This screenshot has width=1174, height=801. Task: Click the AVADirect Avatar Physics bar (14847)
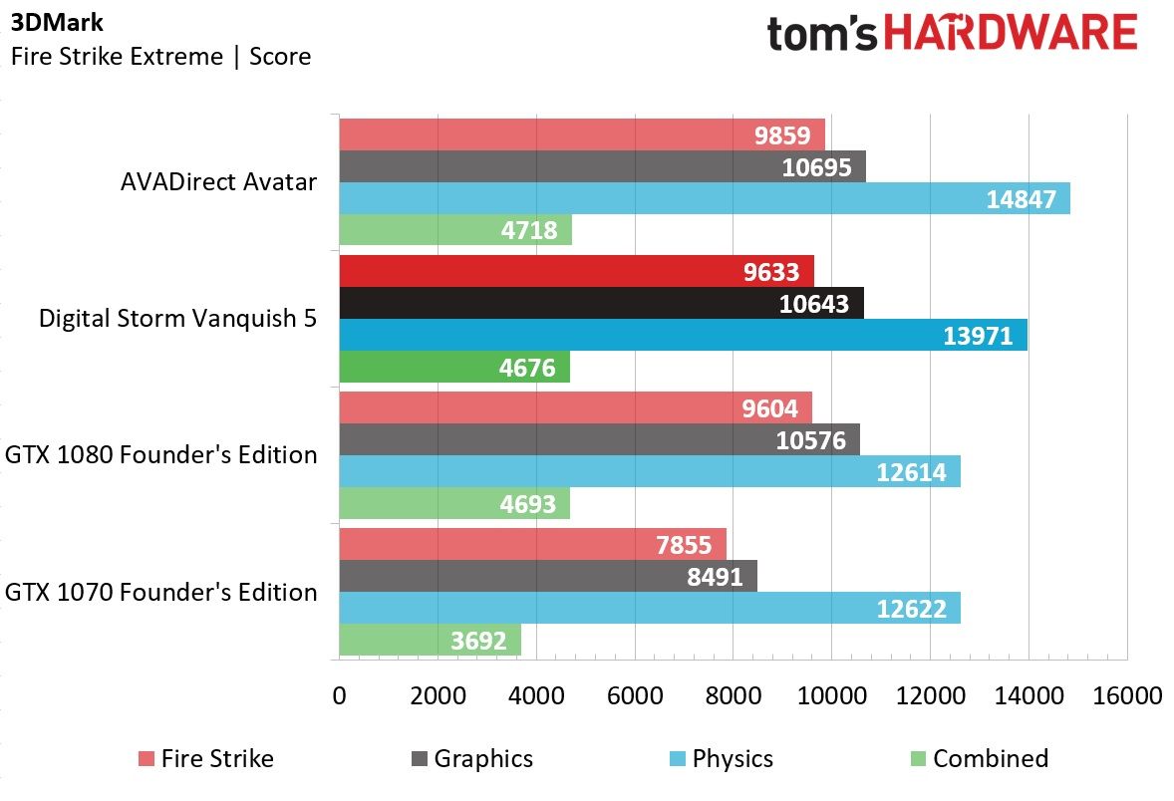(705, 198)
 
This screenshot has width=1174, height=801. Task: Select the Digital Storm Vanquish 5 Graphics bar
(601, 303)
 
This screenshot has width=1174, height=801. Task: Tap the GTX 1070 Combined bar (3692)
(431, 640)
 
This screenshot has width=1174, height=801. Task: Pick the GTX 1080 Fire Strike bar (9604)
(576, 408)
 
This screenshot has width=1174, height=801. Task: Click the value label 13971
(978, 336)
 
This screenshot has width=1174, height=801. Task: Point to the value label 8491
(715, 577)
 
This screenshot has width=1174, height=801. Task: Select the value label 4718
(529, 230)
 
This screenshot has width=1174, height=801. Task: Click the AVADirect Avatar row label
(218, 182)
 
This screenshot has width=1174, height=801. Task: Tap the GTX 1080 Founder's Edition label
(161, 455)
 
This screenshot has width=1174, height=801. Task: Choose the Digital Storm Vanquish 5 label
(177, 319)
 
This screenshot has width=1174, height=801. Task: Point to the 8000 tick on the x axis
(733, 696)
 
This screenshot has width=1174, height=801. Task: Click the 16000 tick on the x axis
(1127, 696)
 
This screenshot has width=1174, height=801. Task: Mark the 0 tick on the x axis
(339, 696)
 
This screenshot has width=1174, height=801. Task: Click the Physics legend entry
(721, 758)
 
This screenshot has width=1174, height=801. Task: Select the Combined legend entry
(980, 758)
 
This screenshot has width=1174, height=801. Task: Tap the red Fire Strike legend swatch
(146, 759)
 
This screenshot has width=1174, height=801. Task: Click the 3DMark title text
(57, 23)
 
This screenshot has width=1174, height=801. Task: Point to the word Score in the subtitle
(280, 56)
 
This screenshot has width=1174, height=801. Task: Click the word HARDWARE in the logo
(1010, 33)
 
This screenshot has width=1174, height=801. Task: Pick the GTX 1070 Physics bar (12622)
(650, 608)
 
